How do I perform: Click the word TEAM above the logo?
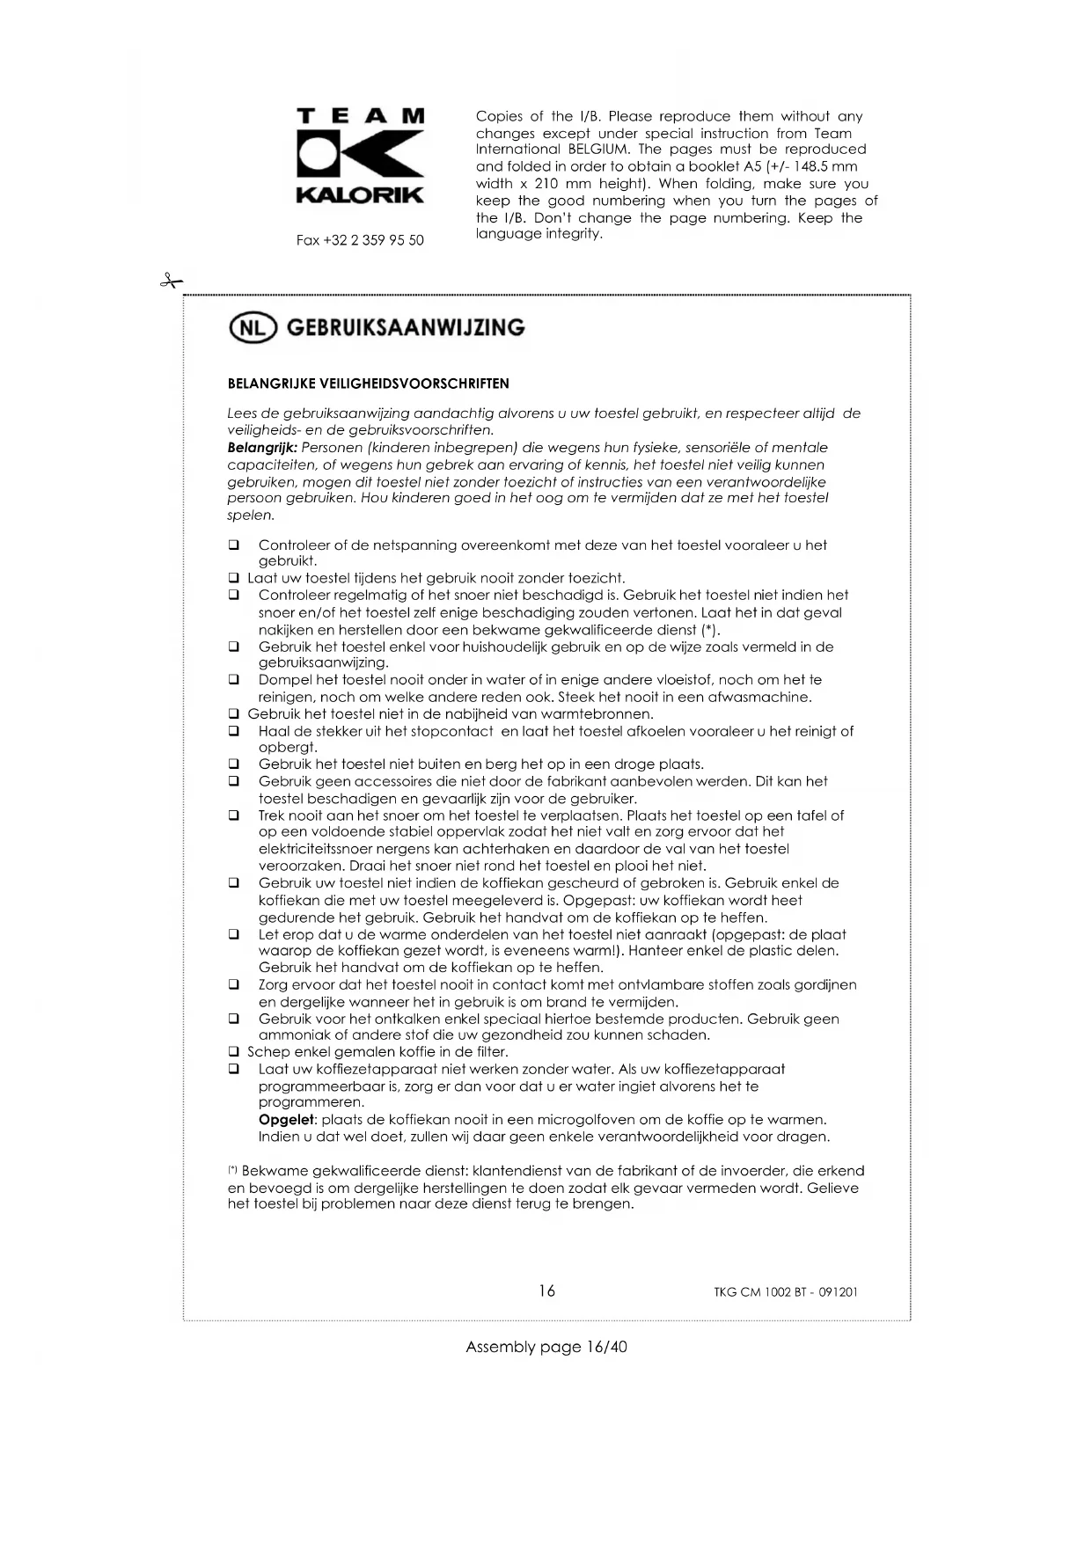[x=361, y=116]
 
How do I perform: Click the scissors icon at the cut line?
[x=170, y=282]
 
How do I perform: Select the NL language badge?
[x=253, y=328]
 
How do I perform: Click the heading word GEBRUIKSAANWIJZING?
[x=406, y=327]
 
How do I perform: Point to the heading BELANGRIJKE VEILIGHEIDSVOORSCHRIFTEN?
[x=368, y=384]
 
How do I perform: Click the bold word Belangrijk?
[x=262, y=448]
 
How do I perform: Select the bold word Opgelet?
[x=286, y=1120]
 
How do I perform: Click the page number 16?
[x=546, y=1291]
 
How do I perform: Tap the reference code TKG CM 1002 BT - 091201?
[x=786, y=1292]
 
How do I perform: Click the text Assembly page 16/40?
[x=546, y=1347]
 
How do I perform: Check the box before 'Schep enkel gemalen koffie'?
[x=234, y=1052]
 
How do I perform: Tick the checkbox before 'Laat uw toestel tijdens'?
[x=234, y=579]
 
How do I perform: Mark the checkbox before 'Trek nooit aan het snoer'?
[x=234, y=815]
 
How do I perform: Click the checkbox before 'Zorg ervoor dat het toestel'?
[x=234, y=985]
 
